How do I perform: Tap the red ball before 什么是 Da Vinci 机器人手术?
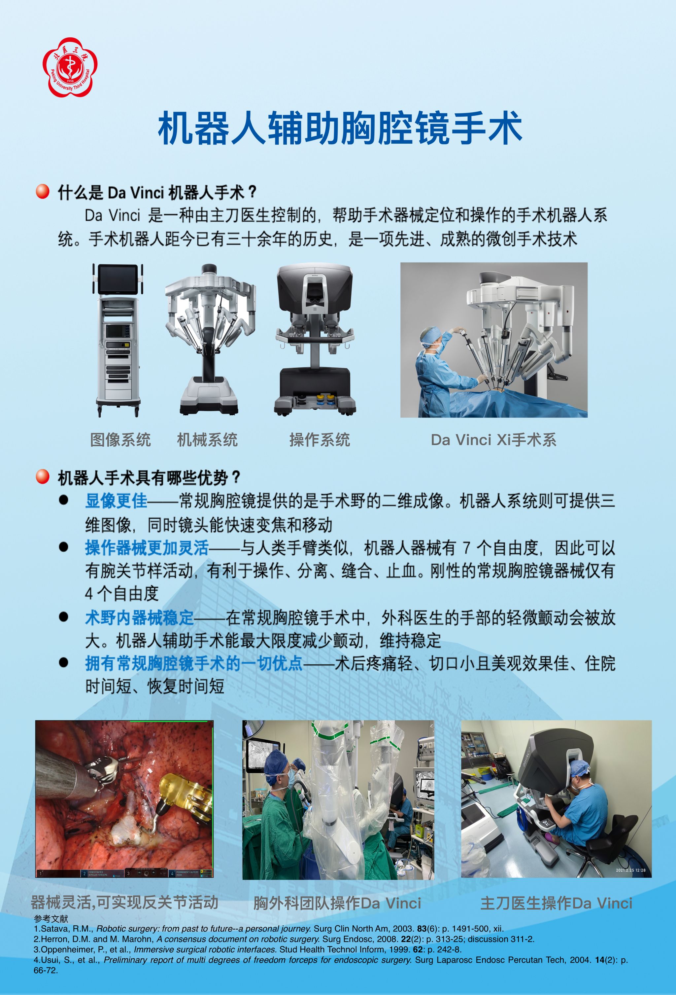click(42, 191)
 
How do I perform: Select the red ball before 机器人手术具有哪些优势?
click(42, 476)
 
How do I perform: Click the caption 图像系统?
click(121, 440)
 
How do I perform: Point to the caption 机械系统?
click(208, 440)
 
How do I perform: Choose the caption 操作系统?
click(320, 440)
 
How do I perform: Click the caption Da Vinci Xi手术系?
click(494, 440)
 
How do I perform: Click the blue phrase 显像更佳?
click(116, 500)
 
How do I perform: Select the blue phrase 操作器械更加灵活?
click(147, 548)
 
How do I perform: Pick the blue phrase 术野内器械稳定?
click(140, 617)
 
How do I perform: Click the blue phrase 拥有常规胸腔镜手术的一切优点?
click(194, 663)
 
